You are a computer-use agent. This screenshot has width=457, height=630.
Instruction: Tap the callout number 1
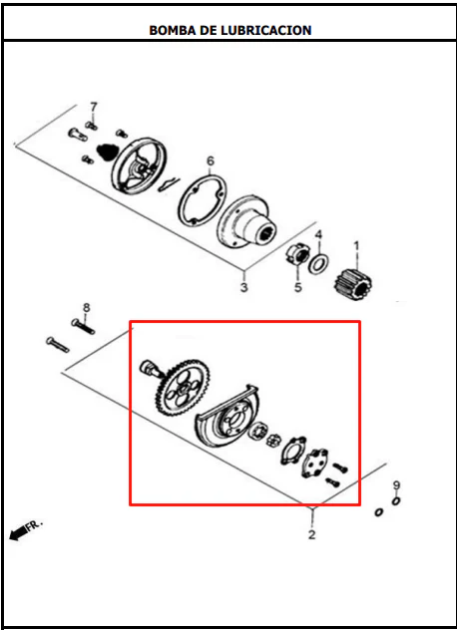point(356,245)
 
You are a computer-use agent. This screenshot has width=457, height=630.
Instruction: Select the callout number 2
point(311,534)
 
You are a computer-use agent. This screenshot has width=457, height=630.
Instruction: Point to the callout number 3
point(244,288)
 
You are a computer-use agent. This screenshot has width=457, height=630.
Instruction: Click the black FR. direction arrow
point(18,534)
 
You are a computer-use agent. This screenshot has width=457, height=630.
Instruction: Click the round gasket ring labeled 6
point(202,199)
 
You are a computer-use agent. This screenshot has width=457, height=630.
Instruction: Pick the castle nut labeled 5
point(297,255)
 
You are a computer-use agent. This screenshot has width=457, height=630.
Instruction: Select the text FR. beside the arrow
point(35,526)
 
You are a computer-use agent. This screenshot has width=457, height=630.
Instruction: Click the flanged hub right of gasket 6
point(247,222)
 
